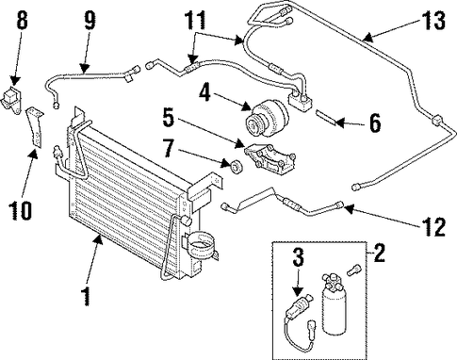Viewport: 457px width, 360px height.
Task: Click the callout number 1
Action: click(85, 296)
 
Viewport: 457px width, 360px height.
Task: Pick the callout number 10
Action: click(20, 210)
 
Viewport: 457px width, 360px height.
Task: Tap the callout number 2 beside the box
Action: click(379, 253)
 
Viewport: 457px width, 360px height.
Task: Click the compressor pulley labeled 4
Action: click(267, 118)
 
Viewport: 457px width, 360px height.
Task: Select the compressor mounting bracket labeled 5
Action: click(269, 160)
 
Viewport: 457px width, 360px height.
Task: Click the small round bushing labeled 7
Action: click(237, 166)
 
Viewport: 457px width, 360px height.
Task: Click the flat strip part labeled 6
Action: click(327, 117)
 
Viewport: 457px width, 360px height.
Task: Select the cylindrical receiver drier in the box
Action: click(333, 303)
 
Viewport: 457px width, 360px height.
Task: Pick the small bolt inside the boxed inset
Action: click(354, 270)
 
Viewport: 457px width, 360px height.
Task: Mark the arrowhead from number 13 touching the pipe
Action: click(367, 38)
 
